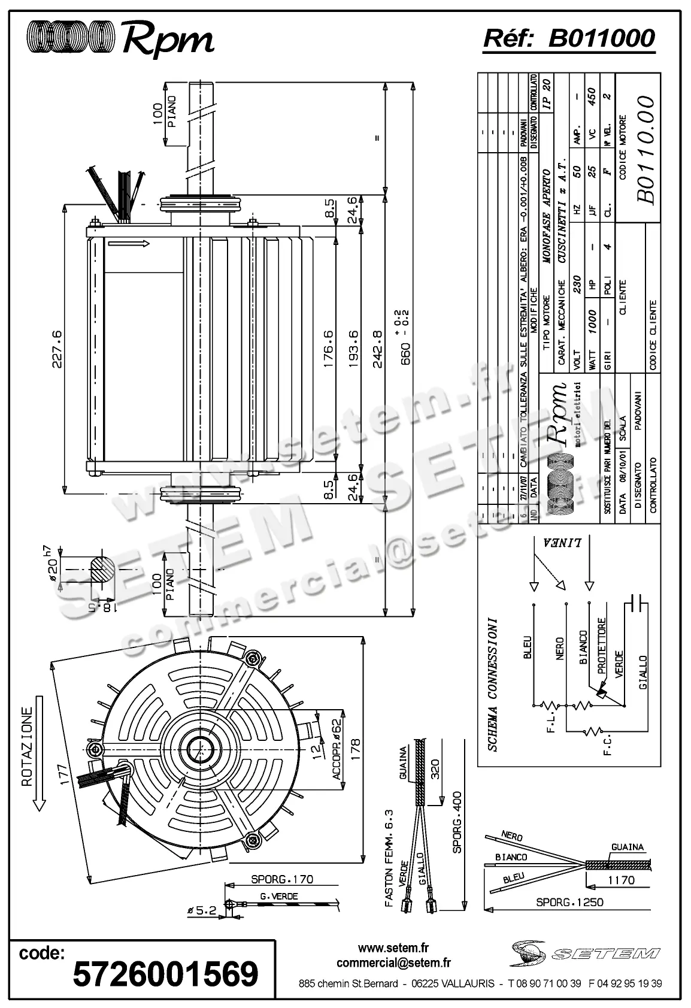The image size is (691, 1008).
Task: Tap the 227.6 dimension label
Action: tap(58, 349)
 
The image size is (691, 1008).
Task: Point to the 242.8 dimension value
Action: tap(377, 349)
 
